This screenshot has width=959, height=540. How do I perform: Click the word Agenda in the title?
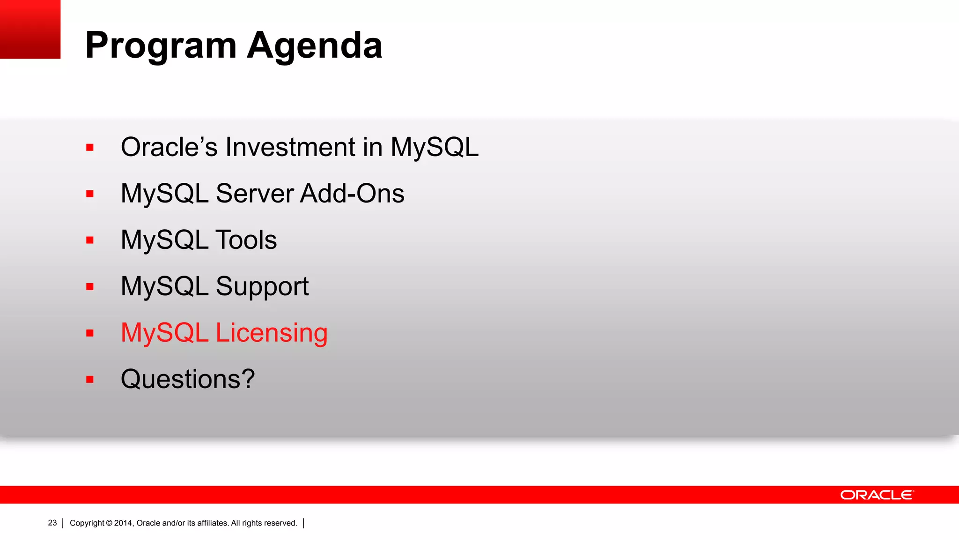click(315, 46)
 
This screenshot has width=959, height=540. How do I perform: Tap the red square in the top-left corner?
click(30, 29)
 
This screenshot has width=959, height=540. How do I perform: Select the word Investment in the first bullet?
click(290, 147)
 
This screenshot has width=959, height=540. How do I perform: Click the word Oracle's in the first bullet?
click(169, 147)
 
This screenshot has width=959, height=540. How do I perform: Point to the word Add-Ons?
click(352, 194)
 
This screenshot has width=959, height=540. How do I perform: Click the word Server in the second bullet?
click(255, 194)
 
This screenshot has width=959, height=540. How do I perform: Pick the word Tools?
click(246, 240)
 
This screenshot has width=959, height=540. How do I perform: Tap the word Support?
click(262, 286)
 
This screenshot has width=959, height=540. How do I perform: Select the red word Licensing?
click(272, 333)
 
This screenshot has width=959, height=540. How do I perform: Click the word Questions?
click(188, 379)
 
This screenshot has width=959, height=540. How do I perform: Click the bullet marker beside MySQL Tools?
click(90, 240)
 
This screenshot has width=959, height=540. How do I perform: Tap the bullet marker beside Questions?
click(90, 380)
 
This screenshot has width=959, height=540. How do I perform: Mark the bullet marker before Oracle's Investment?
click(90, 148)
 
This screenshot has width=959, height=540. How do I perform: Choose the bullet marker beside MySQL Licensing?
click(90, 333)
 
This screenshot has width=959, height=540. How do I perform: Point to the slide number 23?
click(52, 523)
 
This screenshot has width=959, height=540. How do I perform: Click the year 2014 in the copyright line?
click(124, 523)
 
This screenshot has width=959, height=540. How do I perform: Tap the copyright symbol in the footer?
click(109, 523)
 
